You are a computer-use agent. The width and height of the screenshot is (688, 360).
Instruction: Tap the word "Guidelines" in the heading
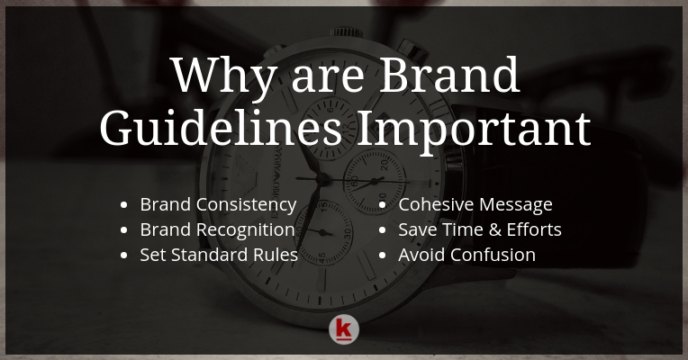[x=221, y=129]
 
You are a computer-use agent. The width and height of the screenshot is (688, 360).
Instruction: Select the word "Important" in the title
[x=474, y=130]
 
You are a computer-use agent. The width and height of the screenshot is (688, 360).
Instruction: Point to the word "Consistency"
[x=246, y=205]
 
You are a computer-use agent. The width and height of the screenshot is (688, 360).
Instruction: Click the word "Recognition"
[x=246, y=230]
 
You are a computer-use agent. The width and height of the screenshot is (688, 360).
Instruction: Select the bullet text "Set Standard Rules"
[x=219, y=255]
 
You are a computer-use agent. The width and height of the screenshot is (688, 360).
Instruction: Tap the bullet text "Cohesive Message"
[x=475, y=204]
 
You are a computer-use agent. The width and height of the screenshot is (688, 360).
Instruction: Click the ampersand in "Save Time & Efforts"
[x=494, y=229]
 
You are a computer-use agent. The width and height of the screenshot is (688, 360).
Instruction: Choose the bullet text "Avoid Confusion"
[x=466, y=255]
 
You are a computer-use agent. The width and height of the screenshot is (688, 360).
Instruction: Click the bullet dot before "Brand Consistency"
[x=123, y=205]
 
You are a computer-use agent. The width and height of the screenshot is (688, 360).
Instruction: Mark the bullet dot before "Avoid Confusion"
[x=382, y=256]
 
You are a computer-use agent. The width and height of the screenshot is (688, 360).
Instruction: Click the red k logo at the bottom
[x=344, y=329]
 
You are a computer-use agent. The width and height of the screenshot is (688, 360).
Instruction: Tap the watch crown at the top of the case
[x=346, y=32]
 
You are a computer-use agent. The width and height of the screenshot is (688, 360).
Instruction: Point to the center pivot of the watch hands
[x=323, y=179]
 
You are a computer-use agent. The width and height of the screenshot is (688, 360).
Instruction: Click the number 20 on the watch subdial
[x=385, y=165]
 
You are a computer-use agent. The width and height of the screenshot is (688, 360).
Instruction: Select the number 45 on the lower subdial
[x=322, y=257]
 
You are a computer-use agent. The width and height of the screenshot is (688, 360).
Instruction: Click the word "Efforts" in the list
[x=534, y=229]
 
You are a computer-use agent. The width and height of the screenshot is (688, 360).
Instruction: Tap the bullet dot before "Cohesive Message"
[x=382, y=205]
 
